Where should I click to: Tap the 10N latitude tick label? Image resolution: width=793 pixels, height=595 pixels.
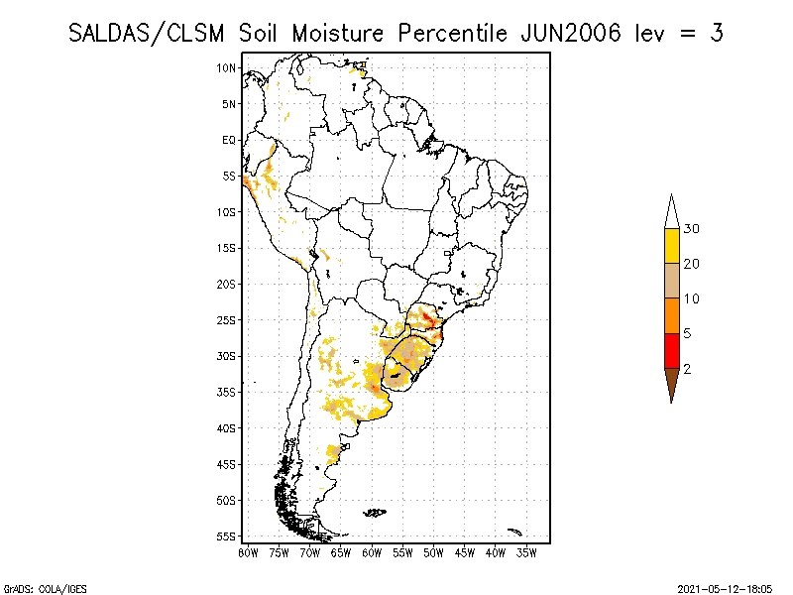[227, 67]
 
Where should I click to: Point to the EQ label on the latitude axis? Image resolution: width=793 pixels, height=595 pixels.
[229, 140]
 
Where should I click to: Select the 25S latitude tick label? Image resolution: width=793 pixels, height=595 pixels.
[227, 320]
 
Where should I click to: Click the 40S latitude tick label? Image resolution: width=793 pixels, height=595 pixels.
[227, 428]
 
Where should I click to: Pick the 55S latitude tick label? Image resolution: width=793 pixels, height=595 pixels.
[227, 536]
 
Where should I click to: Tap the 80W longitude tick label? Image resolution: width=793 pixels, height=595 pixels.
[248, 551]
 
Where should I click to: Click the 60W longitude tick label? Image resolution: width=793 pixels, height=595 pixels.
[372, 551]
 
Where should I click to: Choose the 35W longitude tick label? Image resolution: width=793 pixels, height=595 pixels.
[526, 551]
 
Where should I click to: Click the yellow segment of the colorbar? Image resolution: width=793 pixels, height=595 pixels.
[671, 246]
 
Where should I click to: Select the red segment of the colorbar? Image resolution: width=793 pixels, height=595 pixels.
[671, 350]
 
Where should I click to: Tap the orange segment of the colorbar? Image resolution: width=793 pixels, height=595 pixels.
[671, 315]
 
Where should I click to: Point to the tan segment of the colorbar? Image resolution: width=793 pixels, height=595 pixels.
[671, 281]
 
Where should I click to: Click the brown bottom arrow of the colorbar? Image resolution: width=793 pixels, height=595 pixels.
[671, 383]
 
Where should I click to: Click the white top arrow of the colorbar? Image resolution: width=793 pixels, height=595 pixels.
[671, 212]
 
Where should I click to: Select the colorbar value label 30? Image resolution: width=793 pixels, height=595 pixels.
[692, 229]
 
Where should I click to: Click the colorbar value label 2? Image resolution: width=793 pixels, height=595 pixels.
[688, 368]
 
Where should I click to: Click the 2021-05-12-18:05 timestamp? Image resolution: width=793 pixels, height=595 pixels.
[727, 588]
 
